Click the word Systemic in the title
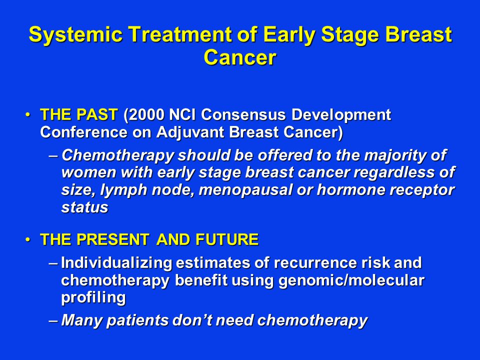pos(75,35)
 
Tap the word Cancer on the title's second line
pos(240,57)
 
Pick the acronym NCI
pos(183,115)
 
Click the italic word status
pos(85,207)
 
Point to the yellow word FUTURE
pos(227,239)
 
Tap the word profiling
pos(93,298)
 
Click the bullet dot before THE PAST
pos(28,115)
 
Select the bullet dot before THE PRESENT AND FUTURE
pos(28,239)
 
